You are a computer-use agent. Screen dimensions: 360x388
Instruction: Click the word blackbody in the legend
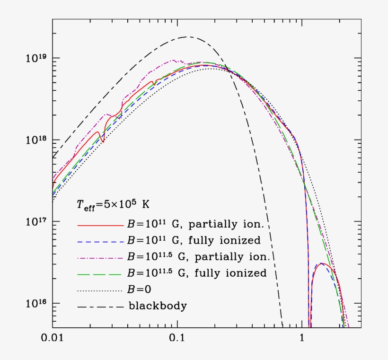pyautogui.click(x=158, y=306)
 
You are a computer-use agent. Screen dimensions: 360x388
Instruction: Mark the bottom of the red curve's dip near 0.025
pyautogui.click(x=103, y=142)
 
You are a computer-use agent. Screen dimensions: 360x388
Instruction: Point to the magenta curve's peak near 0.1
pyautogui.click(x=174, y=60)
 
